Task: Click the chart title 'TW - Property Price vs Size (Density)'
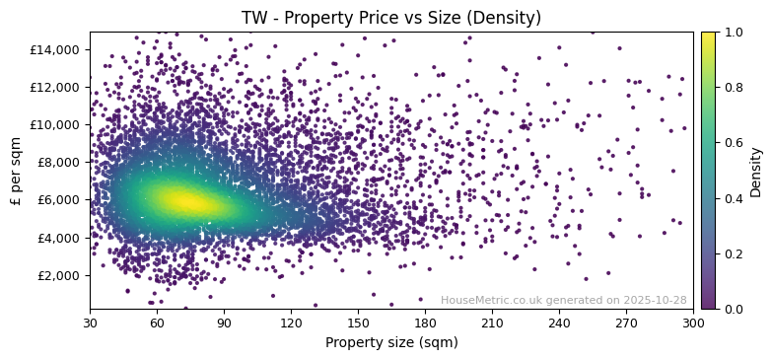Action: [x=391, y=18]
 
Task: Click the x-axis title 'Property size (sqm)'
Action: [x=391, y=343]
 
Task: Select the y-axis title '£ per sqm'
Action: [x=17, y=170]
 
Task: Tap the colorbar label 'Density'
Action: [x=756, y=171]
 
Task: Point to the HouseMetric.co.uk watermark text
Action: [x=563, y=301]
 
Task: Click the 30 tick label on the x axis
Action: [x=90, y=323]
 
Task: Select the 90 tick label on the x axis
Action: [x=224, y=323]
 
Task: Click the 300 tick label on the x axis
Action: [x=693, y=323]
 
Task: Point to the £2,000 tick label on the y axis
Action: [x=60, y=275]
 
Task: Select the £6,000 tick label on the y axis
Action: [x=60, y=200]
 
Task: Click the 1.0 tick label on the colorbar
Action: [x=733, y=33]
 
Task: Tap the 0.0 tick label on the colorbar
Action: [x=733, y=309]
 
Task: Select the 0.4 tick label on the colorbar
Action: [x=733, y=198]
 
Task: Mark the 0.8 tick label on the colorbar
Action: [x=733, y=88]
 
